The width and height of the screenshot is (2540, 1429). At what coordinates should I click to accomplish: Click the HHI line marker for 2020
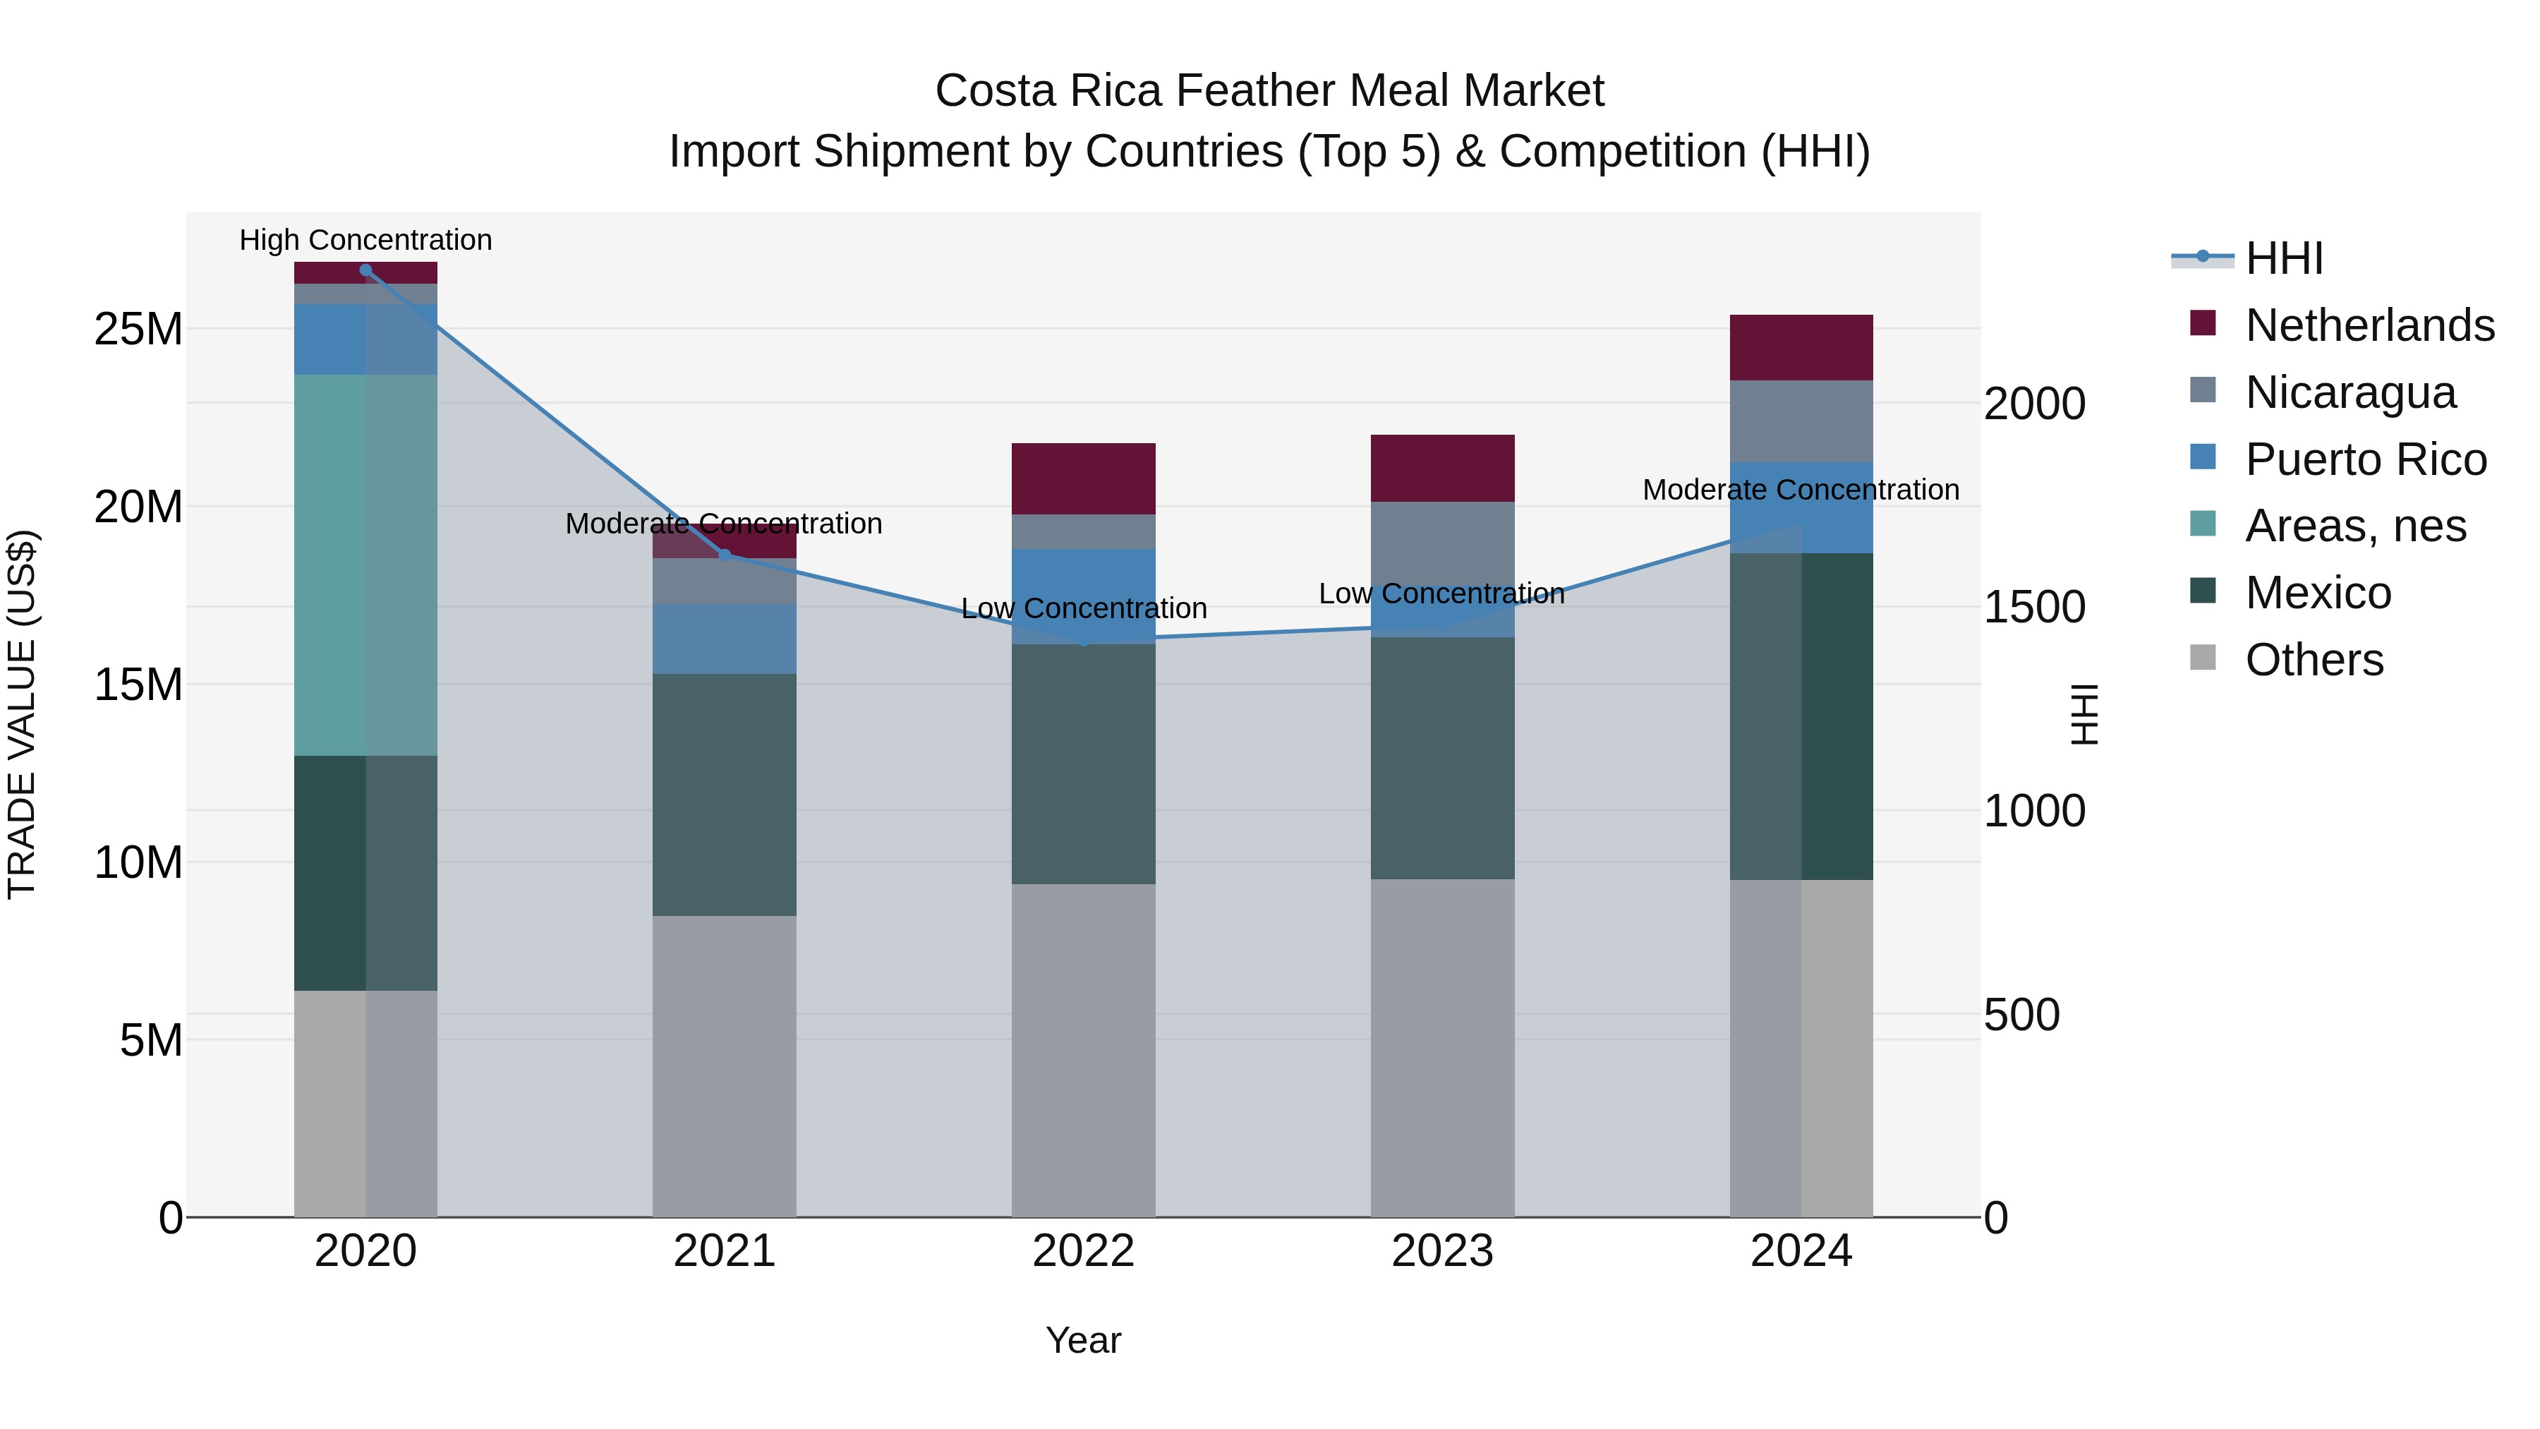pos(365,270)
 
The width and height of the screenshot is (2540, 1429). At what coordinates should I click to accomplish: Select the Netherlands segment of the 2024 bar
pos(1801,347)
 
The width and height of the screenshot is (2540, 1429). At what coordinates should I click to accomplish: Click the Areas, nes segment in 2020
pos(365,565)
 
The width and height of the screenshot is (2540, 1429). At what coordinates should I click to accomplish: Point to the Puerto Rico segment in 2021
pos(725,639)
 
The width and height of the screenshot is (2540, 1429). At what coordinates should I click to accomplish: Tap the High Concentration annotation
pos(365,241)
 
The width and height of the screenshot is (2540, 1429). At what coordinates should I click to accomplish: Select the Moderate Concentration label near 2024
pos(1801,490)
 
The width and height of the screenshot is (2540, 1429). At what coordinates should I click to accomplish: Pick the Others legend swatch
pos(2202,658)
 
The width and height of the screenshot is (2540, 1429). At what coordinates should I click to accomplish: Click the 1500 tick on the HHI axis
pos(2033,608)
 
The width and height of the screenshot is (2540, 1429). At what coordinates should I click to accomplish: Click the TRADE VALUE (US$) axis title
pos(22,714)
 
